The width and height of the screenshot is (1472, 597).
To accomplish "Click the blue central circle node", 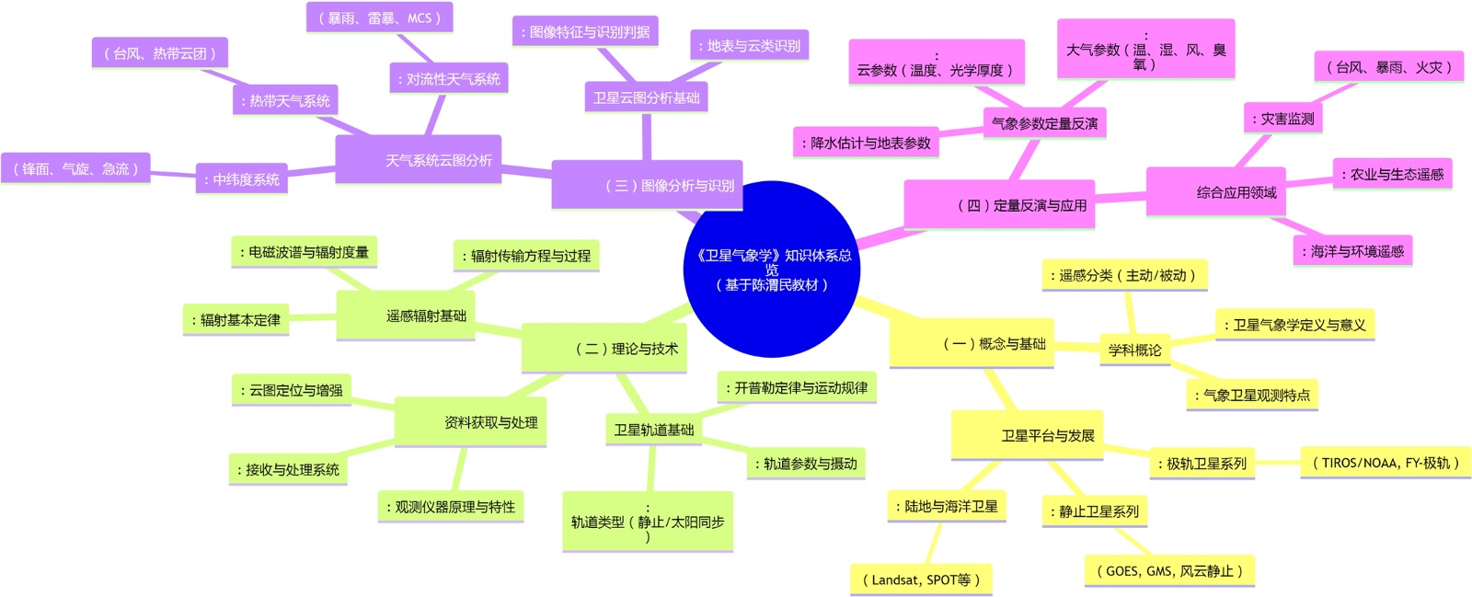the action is tap(771, 269).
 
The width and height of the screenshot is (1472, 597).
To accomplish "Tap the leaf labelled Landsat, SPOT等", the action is tap(921, 580).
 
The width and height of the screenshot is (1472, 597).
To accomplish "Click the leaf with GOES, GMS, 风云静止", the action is tap(1169, 570).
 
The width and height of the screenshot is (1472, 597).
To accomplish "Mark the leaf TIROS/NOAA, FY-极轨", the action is tap(1386, 463).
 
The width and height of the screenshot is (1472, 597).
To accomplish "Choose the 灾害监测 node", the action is tap(1283, 119).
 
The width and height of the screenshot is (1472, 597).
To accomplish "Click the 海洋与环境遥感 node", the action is tap(1352, 251).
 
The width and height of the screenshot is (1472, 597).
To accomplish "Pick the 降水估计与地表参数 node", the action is tap(866, 143).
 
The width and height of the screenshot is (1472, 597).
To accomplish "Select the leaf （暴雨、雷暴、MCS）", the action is tap(379, 17).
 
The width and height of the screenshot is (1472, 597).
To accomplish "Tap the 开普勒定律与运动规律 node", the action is tap(797, 387).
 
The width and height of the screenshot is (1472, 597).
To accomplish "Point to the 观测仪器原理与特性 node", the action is tap(451, 507).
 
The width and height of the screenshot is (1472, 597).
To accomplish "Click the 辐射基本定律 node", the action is tap(236, 320).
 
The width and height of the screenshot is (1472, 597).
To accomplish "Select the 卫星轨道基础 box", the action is tap(653, 430).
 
